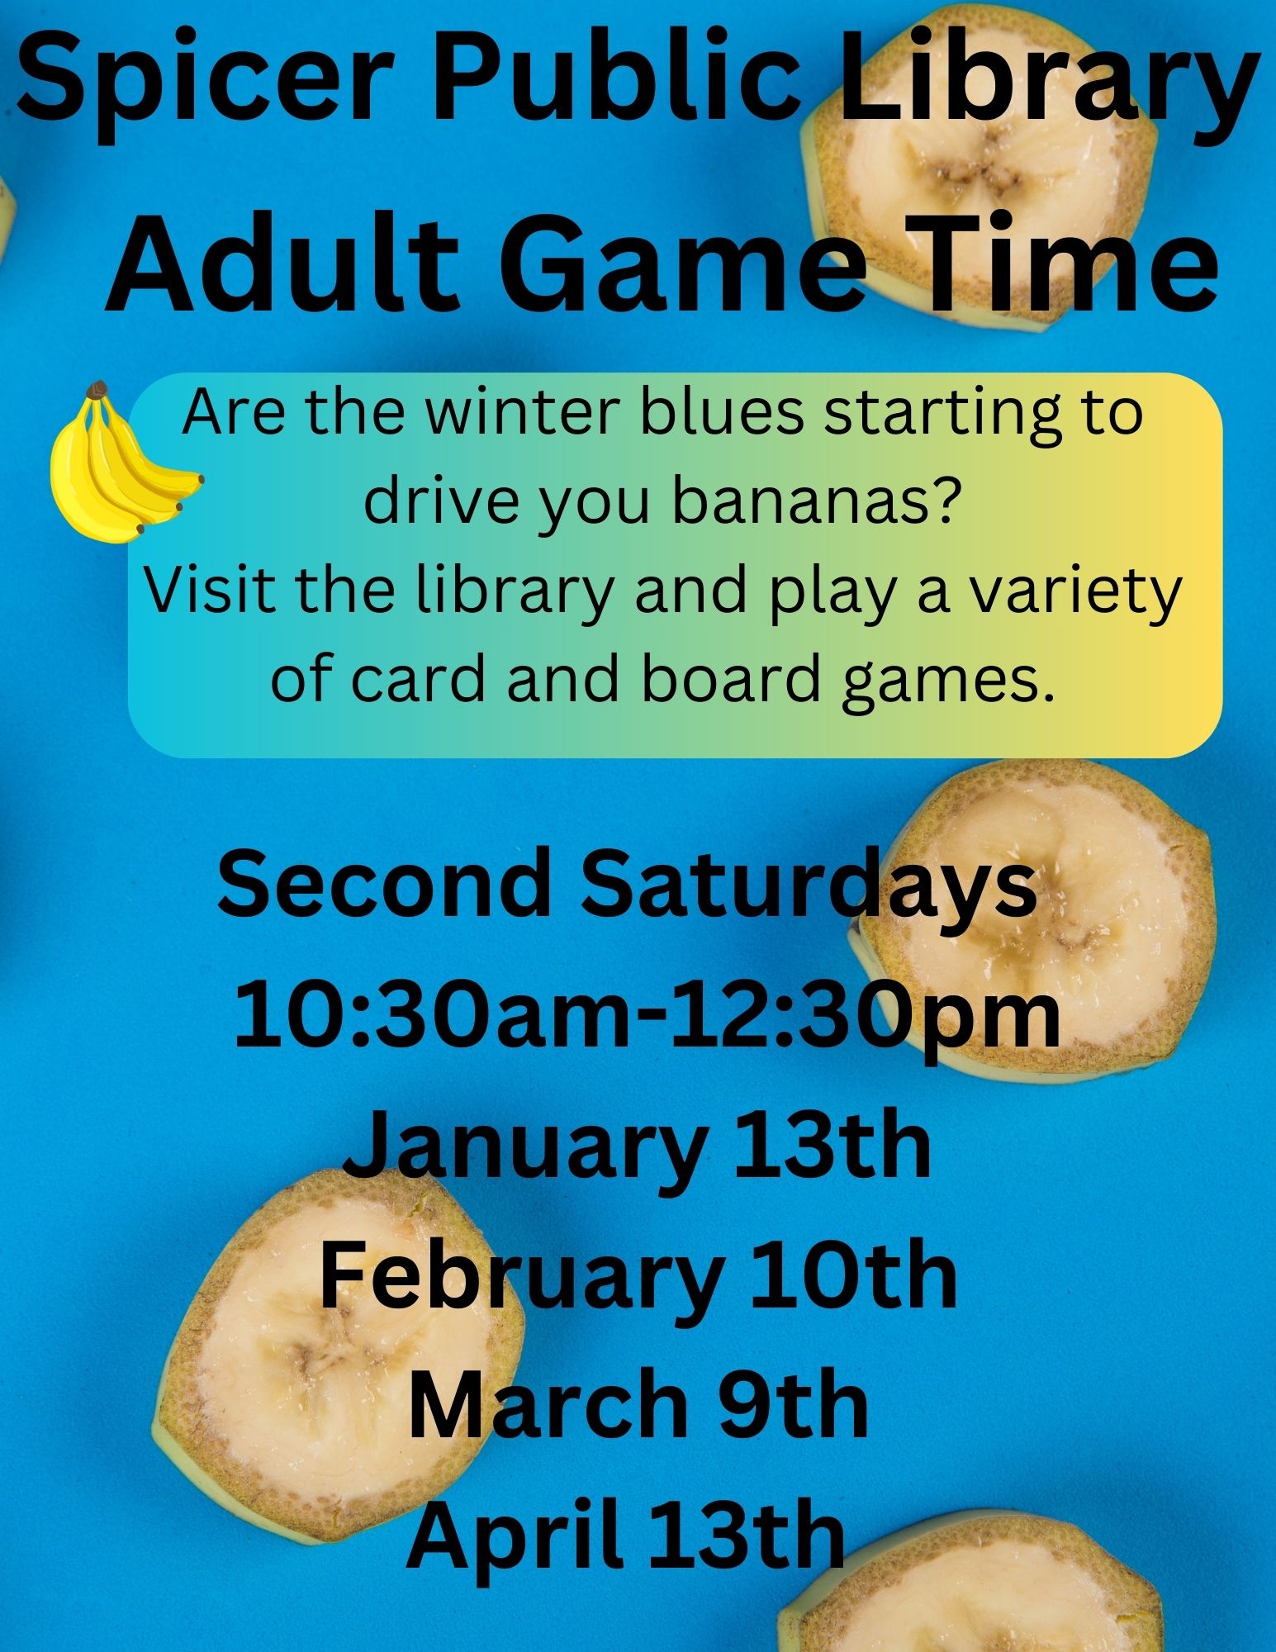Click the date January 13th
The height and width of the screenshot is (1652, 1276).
[637, 1149]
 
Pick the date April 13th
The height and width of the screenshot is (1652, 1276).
[625, 1534]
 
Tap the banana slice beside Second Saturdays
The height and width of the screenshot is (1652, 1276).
[1032, 917]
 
